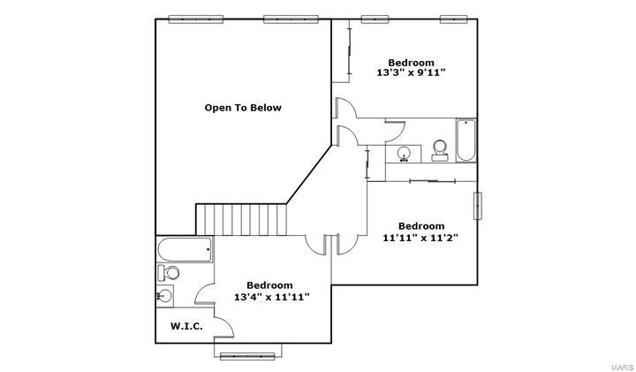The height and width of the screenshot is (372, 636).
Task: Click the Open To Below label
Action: coord(243,108)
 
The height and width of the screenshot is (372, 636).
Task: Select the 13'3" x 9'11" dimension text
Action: coord(412,73)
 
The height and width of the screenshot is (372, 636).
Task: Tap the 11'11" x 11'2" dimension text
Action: coord(420,237)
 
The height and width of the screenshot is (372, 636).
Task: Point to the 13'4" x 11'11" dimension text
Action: coord(271,297)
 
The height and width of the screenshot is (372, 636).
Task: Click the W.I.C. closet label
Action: coord(186,326)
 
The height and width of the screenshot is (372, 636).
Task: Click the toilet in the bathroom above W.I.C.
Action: coord(168,272)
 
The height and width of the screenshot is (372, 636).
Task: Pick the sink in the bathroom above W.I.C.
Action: coord(165,295)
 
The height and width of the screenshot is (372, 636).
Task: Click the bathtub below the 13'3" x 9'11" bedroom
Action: coord(466,140)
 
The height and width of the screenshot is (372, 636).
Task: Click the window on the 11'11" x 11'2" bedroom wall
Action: coord(478,205)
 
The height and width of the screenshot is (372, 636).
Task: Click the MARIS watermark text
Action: coord(620,366)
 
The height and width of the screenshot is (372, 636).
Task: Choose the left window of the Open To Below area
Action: coord(195,18)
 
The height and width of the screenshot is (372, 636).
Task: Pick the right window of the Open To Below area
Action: coord(291,18)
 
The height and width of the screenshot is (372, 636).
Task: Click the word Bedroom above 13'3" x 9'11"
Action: coord(412,62)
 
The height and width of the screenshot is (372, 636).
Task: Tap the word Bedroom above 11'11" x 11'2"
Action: coord(420,225)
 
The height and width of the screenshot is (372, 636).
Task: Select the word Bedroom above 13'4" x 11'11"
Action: coord(269,285)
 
